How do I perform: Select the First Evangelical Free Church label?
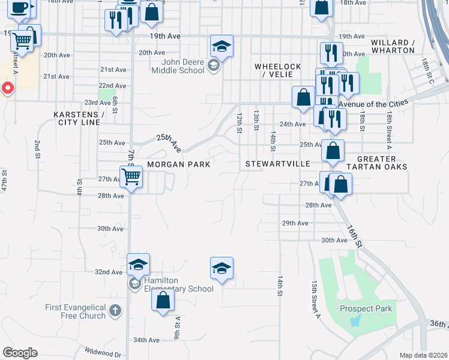point(75,311)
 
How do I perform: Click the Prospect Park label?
point(366,309)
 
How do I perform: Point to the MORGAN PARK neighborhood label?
point(178,164)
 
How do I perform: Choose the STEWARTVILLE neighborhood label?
point(277,164)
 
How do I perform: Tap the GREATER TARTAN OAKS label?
point(382,163)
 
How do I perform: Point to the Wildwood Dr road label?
point(103,355)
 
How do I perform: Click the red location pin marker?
point(8,89)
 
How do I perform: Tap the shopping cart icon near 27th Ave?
point(131,176)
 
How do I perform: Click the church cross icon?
point(115,311)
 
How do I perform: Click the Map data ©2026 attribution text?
point(423,355)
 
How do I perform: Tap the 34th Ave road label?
point(146,340)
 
